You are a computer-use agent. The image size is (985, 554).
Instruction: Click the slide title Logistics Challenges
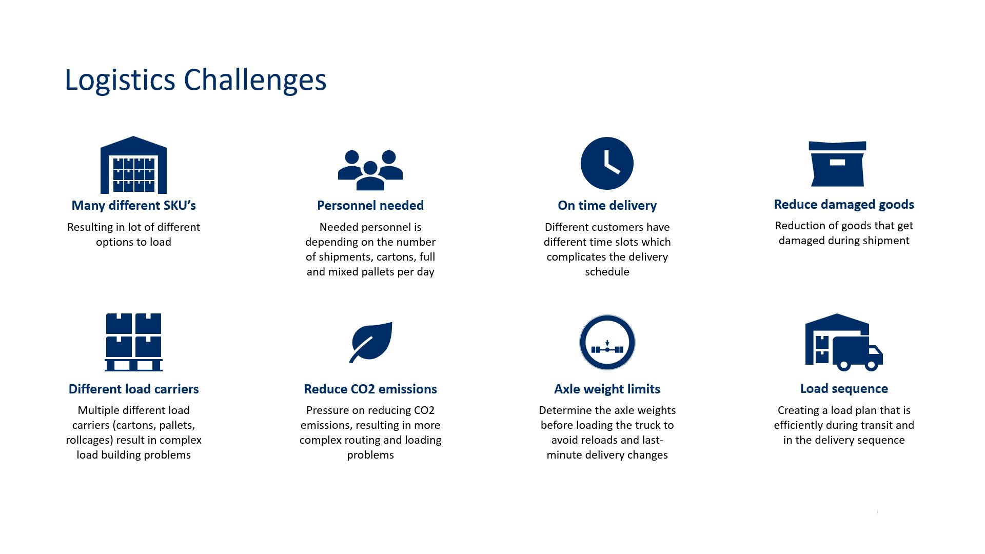(195, 80)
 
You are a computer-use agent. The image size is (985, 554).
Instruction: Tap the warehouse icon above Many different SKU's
(133, 165)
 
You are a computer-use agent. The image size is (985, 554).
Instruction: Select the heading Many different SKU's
(133, 205)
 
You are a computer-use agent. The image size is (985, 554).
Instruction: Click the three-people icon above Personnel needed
(370, 169)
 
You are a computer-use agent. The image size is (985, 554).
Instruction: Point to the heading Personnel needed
(370, 205)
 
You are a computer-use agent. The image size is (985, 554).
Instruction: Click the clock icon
(607, 163)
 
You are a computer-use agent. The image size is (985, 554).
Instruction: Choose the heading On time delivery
(607, 205)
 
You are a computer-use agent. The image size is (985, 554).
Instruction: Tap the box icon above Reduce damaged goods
(837, 164)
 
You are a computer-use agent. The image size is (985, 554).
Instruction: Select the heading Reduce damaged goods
(843, 204)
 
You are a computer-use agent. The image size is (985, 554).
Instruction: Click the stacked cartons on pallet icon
(133, 342)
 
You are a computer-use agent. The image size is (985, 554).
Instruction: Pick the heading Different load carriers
(133, 389)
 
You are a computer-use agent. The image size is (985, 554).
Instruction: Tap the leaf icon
(371, 342)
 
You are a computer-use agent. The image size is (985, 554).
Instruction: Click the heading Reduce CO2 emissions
(370, 389)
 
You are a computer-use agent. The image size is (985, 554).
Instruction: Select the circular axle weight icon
(607, 342)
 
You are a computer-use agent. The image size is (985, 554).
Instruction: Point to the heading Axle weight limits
(607, 389)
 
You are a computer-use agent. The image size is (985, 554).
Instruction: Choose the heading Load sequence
(843, 388)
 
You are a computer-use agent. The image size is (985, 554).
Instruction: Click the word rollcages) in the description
(89, 440)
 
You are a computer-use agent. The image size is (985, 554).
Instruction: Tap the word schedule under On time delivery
(607, 272)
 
